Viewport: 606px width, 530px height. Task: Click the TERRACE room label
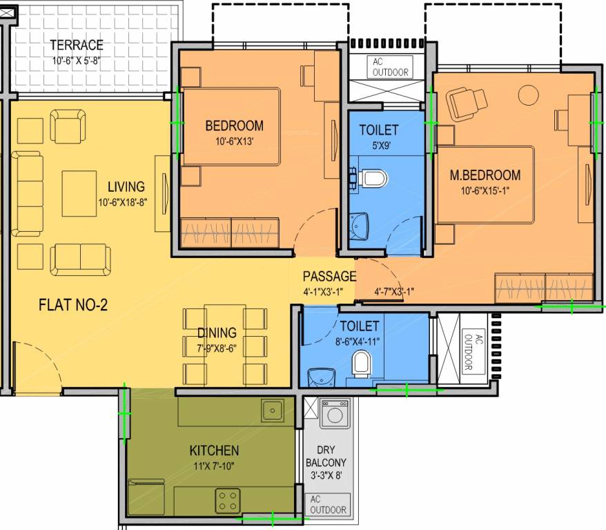point(77,46)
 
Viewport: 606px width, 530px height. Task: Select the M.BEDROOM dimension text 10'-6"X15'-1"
point(485,190)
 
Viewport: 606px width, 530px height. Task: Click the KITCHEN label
point(214,451)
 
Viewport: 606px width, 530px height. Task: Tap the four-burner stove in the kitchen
point(227,500)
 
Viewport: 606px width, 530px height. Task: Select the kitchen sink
point(271,411)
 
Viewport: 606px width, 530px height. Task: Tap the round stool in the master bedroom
point(529,93)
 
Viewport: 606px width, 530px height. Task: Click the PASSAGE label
point(329,277)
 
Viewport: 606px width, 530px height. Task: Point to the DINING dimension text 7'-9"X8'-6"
point(216,348)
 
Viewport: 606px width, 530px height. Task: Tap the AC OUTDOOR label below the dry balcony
point(328,505)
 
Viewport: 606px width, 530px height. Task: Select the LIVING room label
point(126,187)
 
